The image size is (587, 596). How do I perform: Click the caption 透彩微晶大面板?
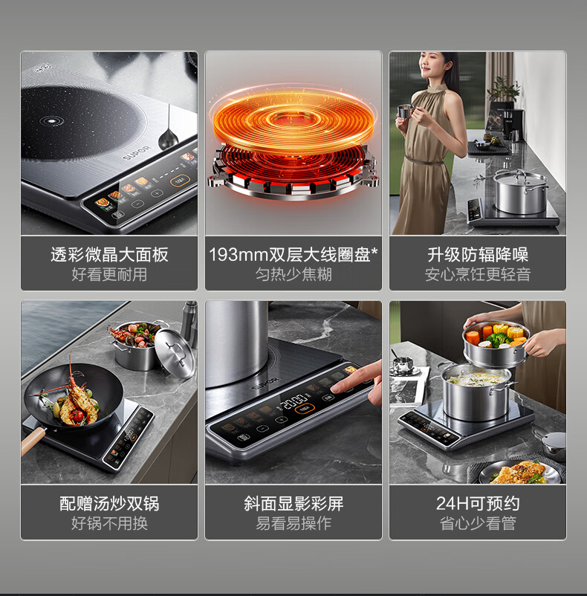[109, 255]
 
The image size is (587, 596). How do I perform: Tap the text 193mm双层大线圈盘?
[290, 255]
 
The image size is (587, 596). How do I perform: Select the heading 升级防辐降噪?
[478, 255]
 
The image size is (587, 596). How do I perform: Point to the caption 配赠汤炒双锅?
[109, 504]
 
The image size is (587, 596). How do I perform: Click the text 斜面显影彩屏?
[293, 504]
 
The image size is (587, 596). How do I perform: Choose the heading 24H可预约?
[478, 504]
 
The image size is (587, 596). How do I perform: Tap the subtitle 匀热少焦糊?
[293, 274]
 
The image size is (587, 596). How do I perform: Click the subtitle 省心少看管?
[478, 523]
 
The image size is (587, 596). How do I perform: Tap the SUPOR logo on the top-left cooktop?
[137, 152]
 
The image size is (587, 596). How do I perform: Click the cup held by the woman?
[404, 111]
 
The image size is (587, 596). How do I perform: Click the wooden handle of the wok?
[33, 441]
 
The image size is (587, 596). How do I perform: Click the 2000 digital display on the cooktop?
[293, 401]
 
